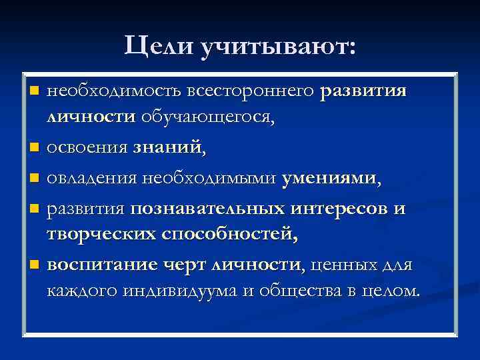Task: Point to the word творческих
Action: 101,234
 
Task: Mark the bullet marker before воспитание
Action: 34,265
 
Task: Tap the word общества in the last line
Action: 289,291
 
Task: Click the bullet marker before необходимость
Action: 34,90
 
